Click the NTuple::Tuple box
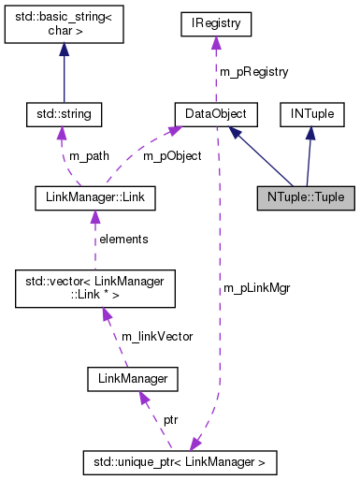coord(305,197)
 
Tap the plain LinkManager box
coord(132,378)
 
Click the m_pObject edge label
coord(171,156)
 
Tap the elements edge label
coord(123,240)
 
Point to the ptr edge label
coord(171,420)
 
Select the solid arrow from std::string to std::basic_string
coord(64,75)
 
